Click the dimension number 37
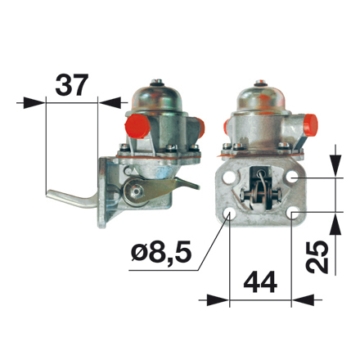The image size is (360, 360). click(x=72, y=84)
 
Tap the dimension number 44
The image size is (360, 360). click(x=260, y=282)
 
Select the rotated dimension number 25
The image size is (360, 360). click(x=317, y=257)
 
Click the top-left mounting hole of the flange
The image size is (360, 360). click(x=227, y=178)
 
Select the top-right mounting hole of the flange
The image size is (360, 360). click(x=292, y=178)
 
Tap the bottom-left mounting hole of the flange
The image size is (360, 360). click(x=228, y=214)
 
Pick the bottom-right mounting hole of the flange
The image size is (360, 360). click(x=293, y=214)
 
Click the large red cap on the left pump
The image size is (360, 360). click(x=136, y=126)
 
